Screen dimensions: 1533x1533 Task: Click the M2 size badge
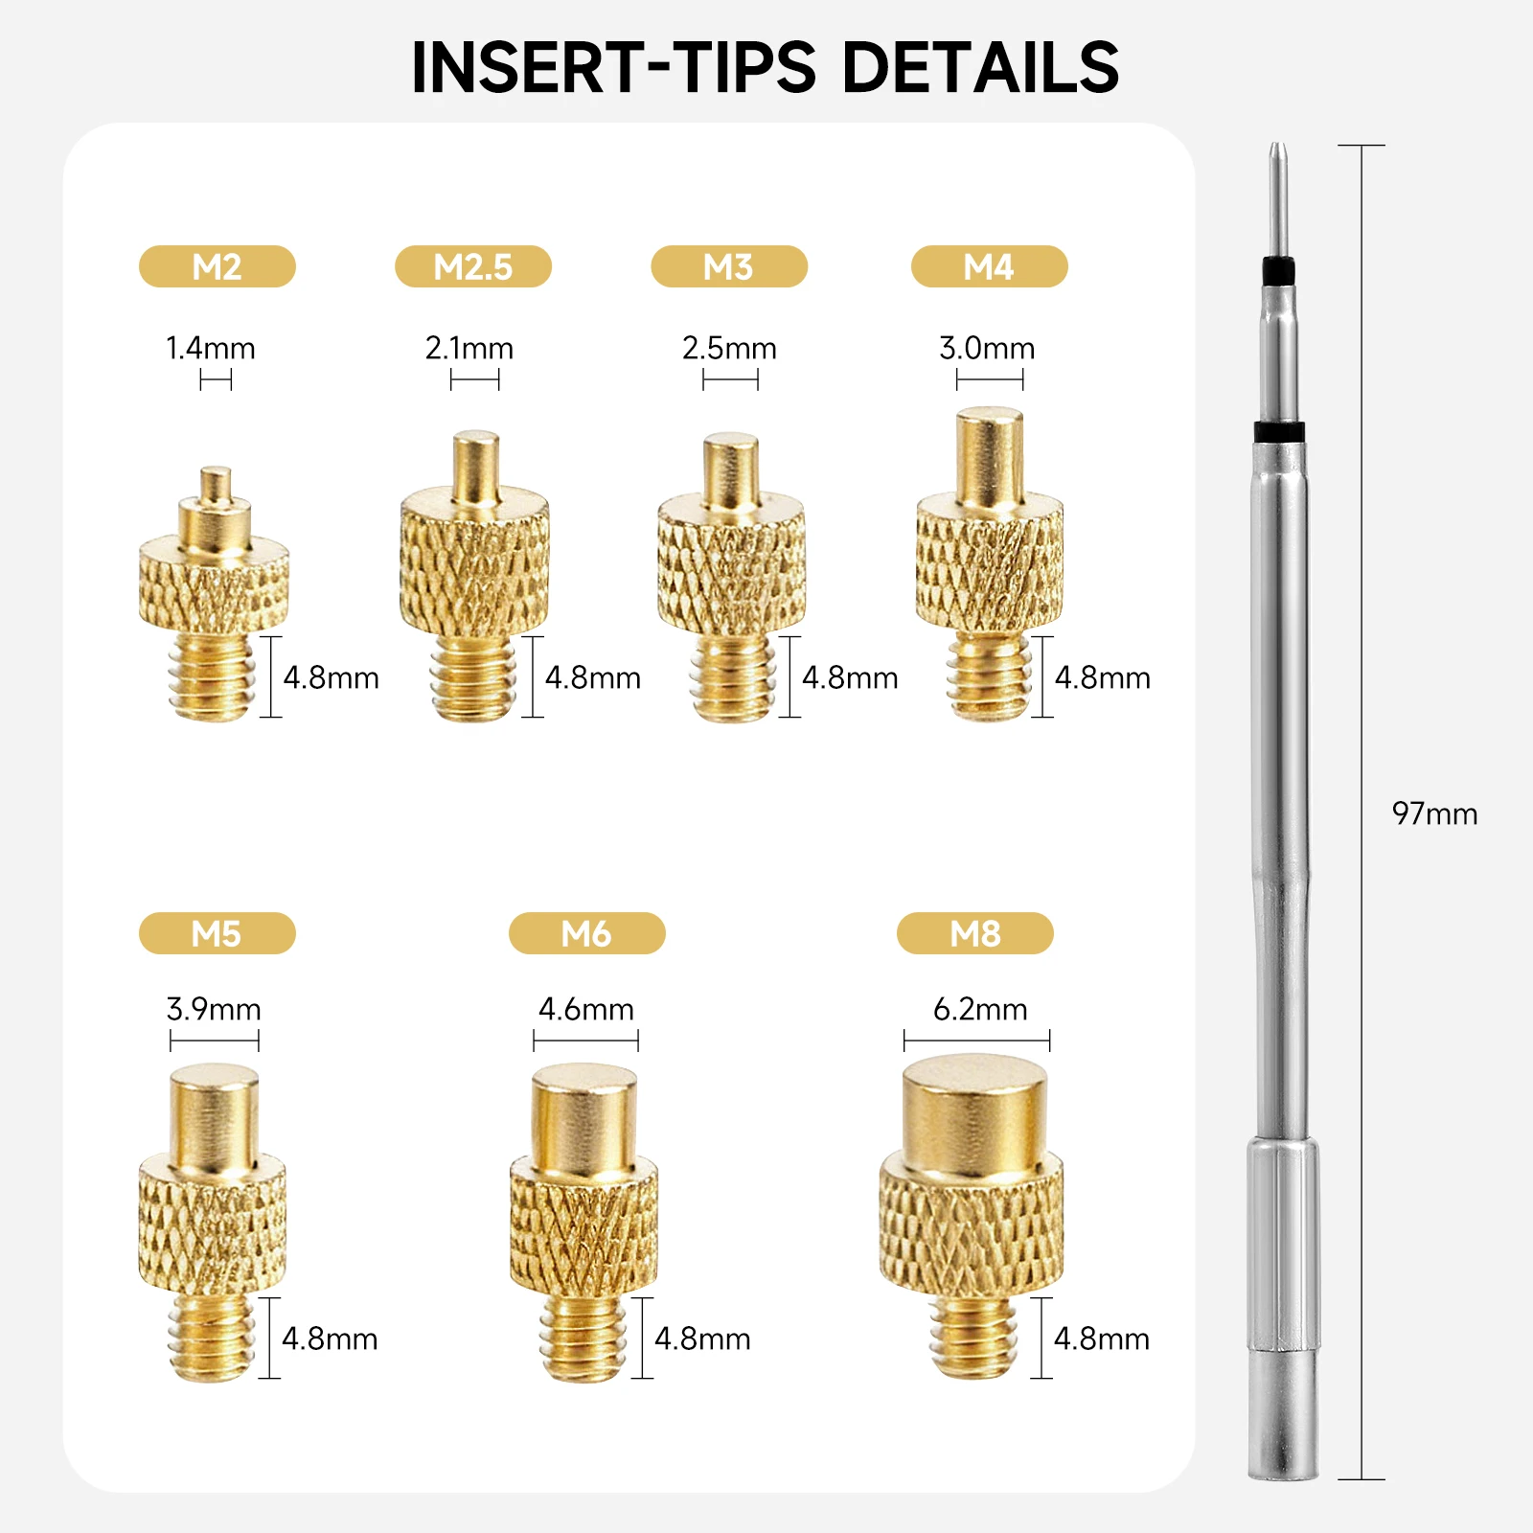coord(217,266)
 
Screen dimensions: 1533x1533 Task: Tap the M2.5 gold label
coord(473,266)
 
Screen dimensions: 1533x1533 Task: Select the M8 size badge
coord(975,933)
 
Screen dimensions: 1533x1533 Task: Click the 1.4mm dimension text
coord(211,348)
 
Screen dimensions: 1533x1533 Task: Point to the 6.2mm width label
coord(980,1009)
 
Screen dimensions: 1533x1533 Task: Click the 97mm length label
coord(1434,813)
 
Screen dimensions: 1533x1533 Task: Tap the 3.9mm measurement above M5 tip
coord(214,1009)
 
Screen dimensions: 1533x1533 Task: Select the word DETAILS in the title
coord(980,67)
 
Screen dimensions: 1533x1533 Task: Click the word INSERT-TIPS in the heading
coord(614,67)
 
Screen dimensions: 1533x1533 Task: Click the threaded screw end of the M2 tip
coord(212,676)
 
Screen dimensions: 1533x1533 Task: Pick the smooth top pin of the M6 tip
coord(584,1119)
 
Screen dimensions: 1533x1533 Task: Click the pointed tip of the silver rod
coord(1276,147)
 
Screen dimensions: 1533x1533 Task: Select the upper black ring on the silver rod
coord(1278,272)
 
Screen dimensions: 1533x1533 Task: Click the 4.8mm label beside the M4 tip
coord(1102,677)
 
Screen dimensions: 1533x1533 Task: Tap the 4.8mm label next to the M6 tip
coord(702,1339)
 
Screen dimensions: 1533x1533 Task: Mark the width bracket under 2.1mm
coord(474,379)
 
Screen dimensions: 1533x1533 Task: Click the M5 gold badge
coord(217,933)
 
